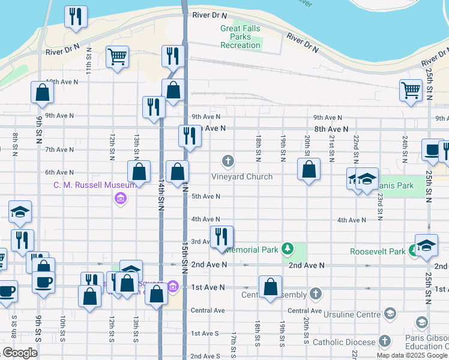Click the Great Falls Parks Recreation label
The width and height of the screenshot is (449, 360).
pyautogui.click(x=240, y=37)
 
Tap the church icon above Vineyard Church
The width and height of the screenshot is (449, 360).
pyautogui.click(x=228, y=161)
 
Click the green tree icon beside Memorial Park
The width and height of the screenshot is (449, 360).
pyautogui.click(x=288, y=248)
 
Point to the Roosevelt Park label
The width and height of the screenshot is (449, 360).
pyautogui.click(x=377, y=252)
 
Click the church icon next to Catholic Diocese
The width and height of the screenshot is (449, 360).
pyautogui.click(x=384, y=343)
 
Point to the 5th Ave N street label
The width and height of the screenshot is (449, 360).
pyautogui.click(x=206, y=196)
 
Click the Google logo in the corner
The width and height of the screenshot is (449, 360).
pyautogui.click(x=20, y=352)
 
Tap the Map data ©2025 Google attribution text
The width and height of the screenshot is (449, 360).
pyautogui.click(x=412, y=355)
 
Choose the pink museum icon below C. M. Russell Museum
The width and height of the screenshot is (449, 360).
pyautogui.click(x=120, y=198)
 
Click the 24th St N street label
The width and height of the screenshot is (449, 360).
pyautogui.click(x=405, y=148)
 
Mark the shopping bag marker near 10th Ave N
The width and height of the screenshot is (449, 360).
pyautogui.click(x=42, y=92)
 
